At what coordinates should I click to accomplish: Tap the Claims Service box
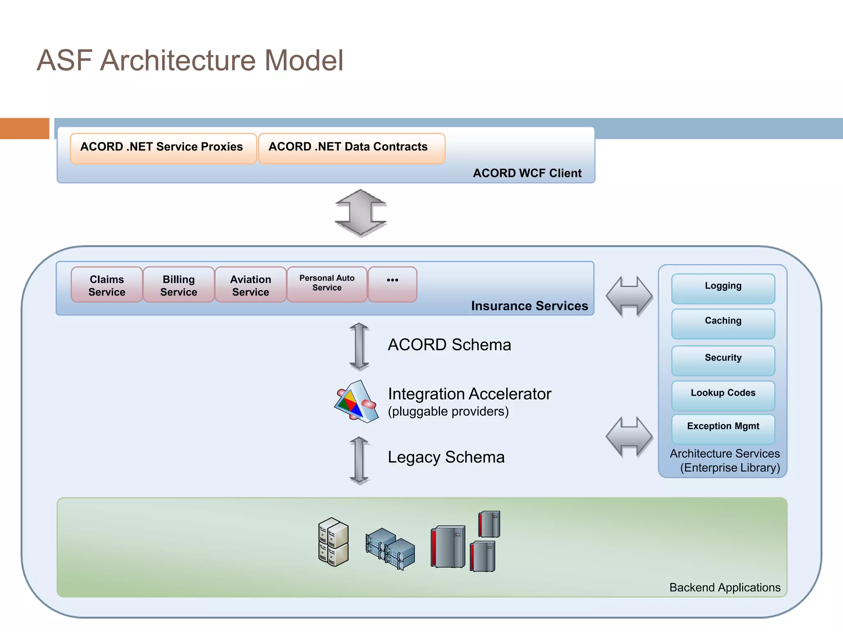107,285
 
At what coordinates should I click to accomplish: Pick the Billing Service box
179,285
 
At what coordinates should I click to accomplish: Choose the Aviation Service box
250,285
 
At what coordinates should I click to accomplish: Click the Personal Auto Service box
326,284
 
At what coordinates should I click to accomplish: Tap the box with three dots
392,284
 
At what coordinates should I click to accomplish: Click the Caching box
723,323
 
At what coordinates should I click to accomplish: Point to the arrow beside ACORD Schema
359,346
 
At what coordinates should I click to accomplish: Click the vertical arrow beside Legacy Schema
359,460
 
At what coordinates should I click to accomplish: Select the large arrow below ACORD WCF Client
361,213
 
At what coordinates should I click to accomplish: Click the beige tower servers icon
333,541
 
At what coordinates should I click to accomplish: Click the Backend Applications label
724,587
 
